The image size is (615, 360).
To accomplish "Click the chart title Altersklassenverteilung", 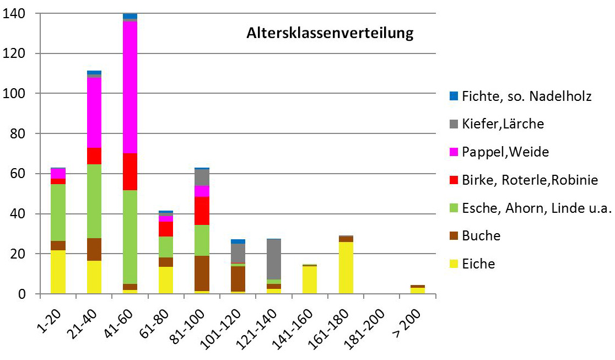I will (329, 34).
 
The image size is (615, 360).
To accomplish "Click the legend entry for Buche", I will (481, 235).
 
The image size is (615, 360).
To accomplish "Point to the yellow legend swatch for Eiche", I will (454, 264).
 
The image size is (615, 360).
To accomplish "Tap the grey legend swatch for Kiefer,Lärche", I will (454, 123).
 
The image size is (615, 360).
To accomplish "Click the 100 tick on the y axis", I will (23, 94).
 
